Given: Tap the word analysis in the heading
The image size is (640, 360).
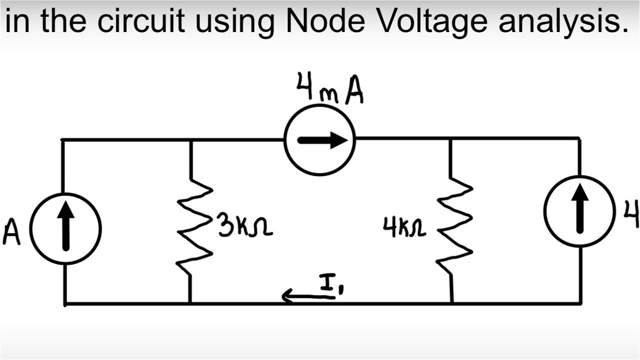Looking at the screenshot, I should pos(562,21).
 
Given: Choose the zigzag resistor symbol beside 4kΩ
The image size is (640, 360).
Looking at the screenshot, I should pos(454,227).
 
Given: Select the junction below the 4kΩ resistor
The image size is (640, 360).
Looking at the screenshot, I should pos(451,302).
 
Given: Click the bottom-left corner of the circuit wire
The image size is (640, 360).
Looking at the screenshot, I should pos(65,303).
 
